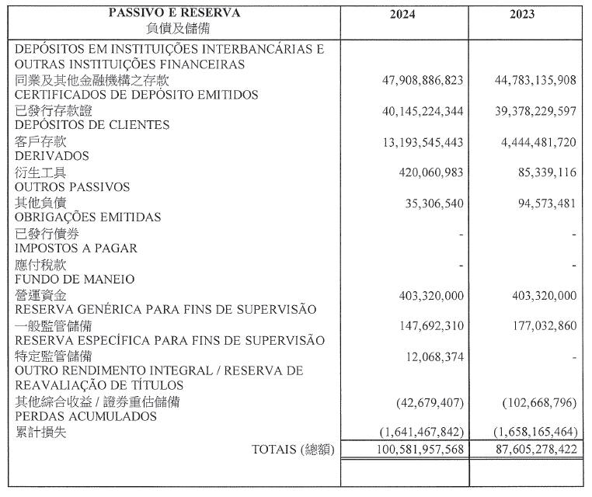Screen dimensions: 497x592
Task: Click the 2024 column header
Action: [406, 14]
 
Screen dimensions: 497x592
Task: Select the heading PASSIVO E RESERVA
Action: [174, 13]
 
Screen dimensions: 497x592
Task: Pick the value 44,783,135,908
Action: [535, 80]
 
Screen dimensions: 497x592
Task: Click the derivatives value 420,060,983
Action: [425, 173]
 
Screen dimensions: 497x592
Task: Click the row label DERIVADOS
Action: [51, 156]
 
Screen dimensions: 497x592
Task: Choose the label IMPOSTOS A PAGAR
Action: [76, 248]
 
